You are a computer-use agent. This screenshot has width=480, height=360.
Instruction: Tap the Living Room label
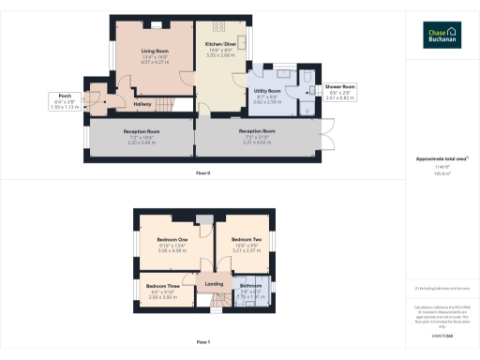pos(155,51)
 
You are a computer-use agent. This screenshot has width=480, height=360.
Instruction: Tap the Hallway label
pos(143,104)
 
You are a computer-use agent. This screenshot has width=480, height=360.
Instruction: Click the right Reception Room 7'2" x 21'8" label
pos(256,131)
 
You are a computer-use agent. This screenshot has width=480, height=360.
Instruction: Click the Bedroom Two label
pos(247,240)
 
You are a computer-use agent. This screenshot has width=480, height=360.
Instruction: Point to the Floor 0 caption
pos(203,173)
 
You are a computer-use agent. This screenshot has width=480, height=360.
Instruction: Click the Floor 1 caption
pos(203,342)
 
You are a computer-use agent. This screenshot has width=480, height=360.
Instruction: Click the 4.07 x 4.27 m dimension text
pos(155,62)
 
